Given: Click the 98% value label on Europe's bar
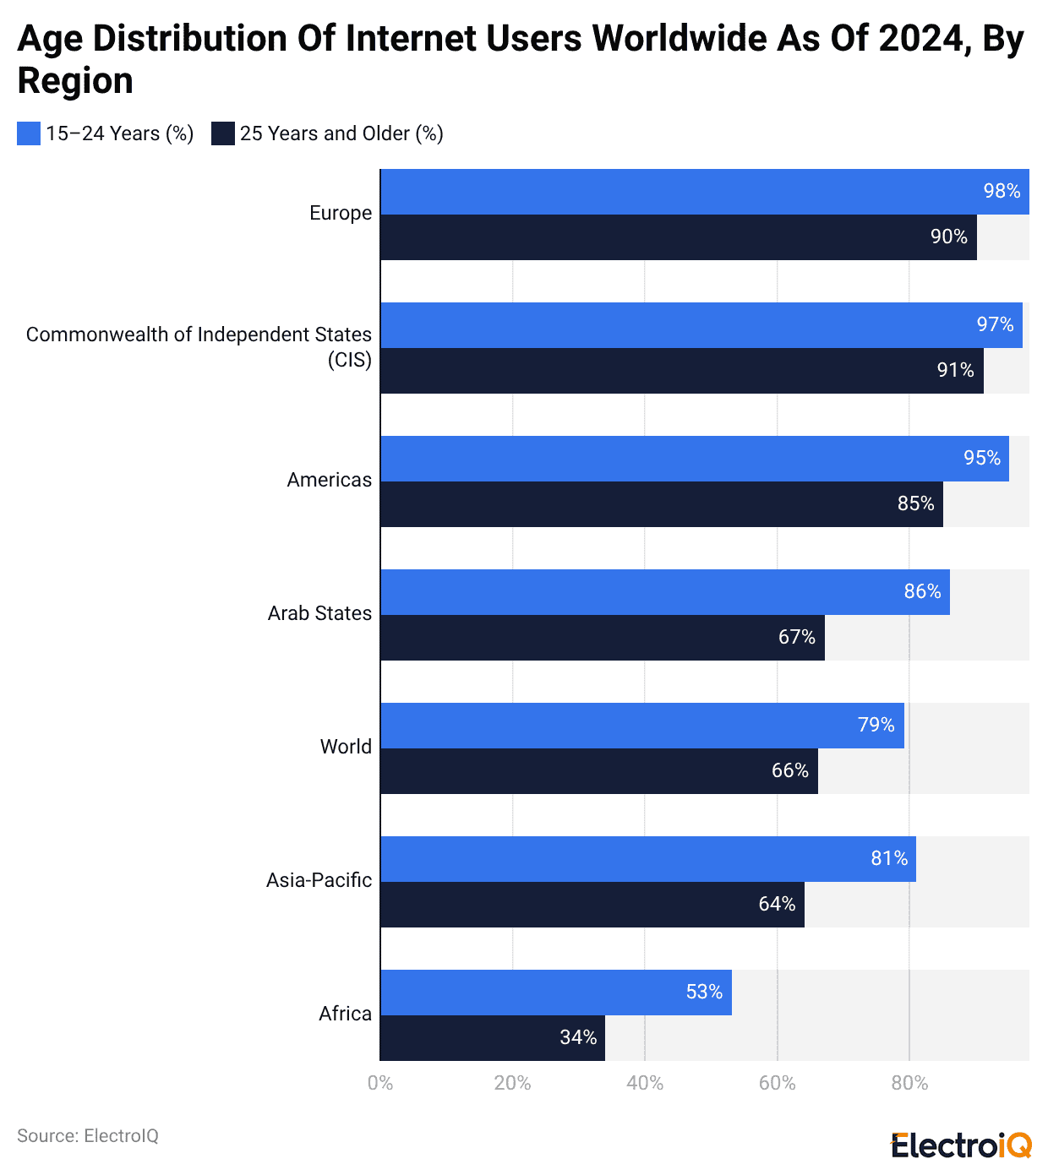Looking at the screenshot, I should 1002,192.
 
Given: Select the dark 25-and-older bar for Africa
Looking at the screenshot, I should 492,1038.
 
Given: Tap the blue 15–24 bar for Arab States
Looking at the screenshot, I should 664,592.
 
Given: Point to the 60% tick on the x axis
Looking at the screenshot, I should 777,1084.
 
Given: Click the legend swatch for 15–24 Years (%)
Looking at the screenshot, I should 29,133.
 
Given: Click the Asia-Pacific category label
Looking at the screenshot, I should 319,881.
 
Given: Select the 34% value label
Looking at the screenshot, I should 578,1038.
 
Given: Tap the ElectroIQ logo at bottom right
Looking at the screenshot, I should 961,1145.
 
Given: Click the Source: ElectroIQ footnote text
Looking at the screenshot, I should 88,1136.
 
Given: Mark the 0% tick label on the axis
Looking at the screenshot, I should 380,1084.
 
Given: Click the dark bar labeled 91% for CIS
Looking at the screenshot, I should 681,371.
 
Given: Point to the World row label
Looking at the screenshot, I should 346,748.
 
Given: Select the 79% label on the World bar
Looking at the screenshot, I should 876,726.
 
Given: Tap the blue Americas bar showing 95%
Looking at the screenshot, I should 694,459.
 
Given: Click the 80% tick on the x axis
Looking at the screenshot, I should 909,1084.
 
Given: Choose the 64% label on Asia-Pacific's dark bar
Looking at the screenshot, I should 777,905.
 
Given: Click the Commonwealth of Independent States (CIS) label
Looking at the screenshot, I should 199,347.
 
